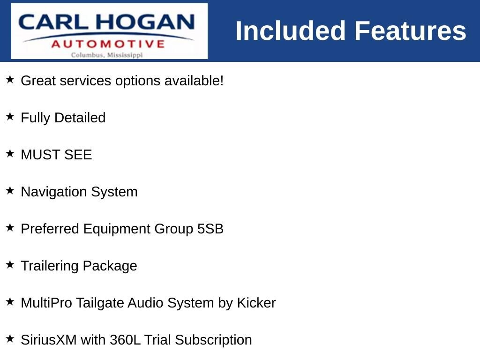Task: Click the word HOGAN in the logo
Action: [145, 22]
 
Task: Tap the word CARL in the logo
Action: [53, 22]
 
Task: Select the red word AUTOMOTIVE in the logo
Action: [108, 44]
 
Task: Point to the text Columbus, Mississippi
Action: [107, 55]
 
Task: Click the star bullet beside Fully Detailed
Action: [10, 116]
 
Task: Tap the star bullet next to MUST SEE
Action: [10, 153]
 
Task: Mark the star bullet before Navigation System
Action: [10, 190]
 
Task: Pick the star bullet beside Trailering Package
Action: [10, 264]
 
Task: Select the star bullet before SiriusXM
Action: [10, 338]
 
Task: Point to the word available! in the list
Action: [194, 81]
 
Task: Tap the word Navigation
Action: [54, 192]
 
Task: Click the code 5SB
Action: [210, 229]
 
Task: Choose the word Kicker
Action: [256, 303]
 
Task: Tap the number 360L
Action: [125, 340]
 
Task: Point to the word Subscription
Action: [213, 340]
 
